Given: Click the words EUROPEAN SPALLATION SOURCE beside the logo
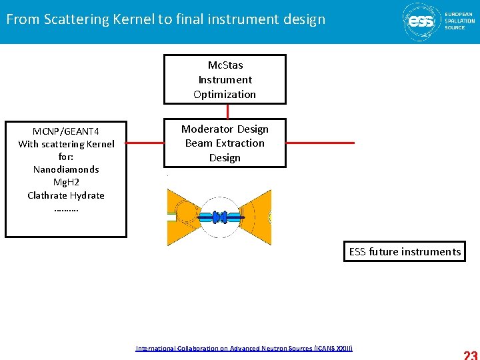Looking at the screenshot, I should [x=459, y=20].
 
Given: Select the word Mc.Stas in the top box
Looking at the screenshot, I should [x=225, y=65].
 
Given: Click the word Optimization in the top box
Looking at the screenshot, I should [x=225, y=94].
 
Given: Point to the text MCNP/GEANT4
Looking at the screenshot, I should [x=66, y=131].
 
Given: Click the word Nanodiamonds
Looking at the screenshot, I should [x=66, y=169].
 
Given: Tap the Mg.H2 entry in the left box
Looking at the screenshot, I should [x=66, y=182].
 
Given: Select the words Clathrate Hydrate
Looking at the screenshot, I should [x=66, y=195].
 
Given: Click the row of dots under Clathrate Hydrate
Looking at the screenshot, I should [x=65, y=208].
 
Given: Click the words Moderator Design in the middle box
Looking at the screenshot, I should [x=225, y=129].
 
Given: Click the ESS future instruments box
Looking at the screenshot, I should [x=405, y=252].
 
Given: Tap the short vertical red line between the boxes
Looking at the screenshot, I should [x=227, y=111].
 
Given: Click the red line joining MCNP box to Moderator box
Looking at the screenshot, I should [x=145, y=143].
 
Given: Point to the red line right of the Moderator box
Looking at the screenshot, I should [x=320, y=143].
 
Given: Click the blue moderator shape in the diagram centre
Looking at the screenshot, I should [x=220, y=217].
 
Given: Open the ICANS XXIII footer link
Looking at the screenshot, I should [x=243, y=348].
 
